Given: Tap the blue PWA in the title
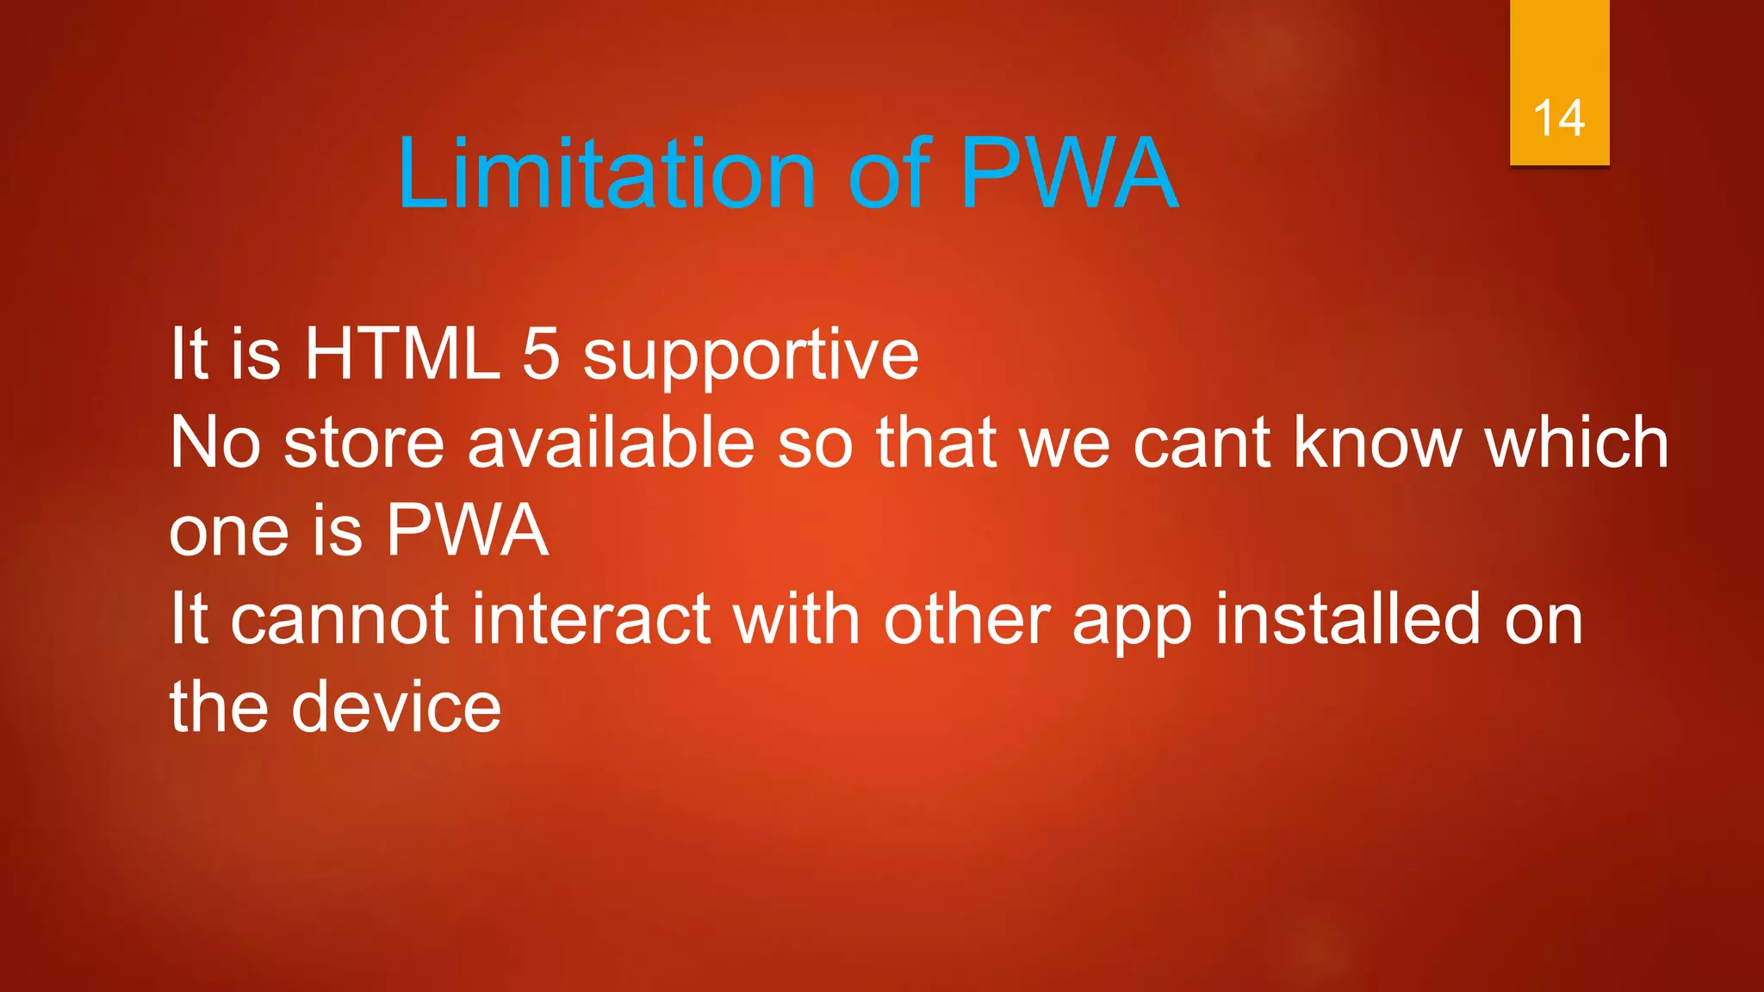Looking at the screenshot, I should pos(1069,174).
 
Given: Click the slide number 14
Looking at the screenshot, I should pos(1559,118).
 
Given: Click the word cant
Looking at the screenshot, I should pos(1202,443).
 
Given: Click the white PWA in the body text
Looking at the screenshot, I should pos(467,530).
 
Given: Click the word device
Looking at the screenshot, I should pos(396,707).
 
